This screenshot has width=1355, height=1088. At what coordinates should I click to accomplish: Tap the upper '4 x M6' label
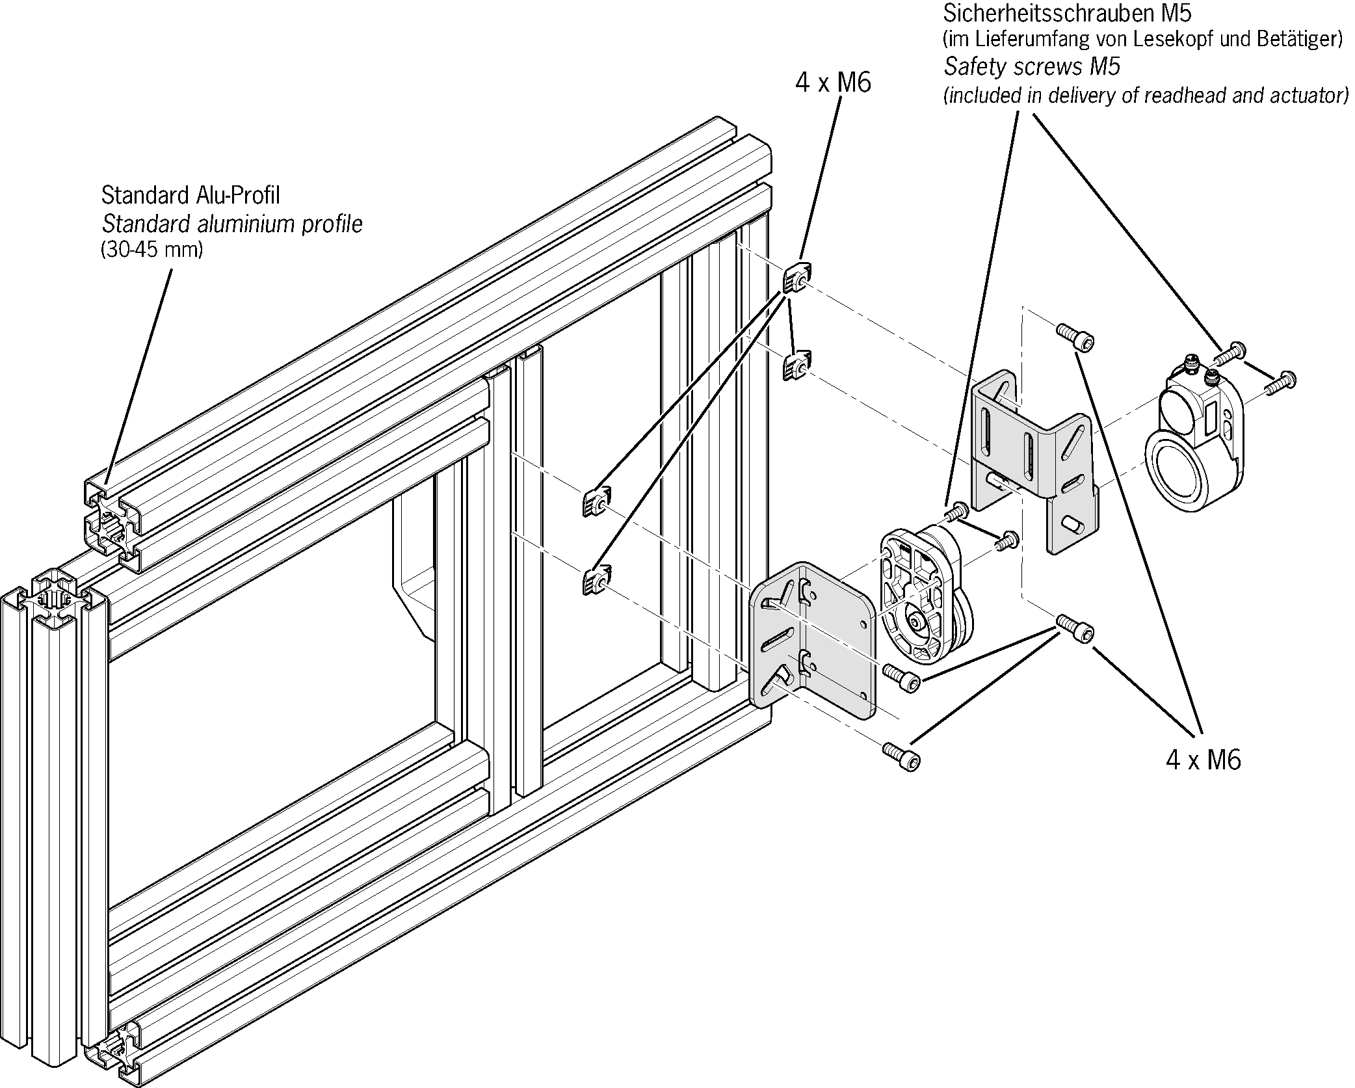[x=832, y=83]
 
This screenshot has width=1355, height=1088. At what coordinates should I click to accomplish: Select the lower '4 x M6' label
[x=1203, y=760]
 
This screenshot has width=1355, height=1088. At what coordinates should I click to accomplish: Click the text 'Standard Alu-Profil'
[x=191, y=194]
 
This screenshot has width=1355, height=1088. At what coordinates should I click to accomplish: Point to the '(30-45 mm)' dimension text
[x=152, y=250]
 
